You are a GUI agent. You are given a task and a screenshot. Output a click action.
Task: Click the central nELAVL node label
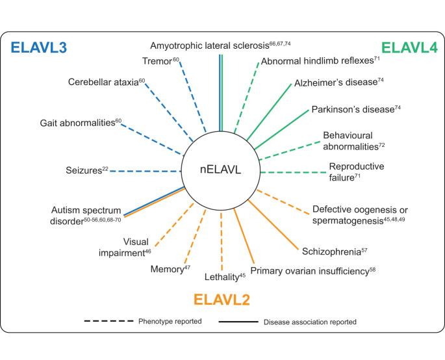pyautogui.click(x=221, y=173)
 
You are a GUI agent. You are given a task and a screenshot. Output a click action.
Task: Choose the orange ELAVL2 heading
pyautogui.click(x=222, y=300)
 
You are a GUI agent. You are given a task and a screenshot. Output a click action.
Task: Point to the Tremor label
pyautogui.click(x=160, y=62)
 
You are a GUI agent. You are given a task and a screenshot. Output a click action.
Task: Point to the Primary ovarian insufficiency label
pyautogui.click(x=312, y=270)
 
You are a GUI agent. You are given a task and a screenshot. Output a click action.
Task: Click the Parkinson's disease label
pyautogui.click(x=355, y=109)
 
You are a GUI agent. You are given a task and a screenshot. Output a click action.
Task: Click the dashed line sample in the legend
pyautogui.click(x=108, y=321)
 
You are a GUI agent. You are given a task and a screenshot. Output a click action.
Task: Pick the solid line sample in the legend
pyautogui.click(x=236, y=321)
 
